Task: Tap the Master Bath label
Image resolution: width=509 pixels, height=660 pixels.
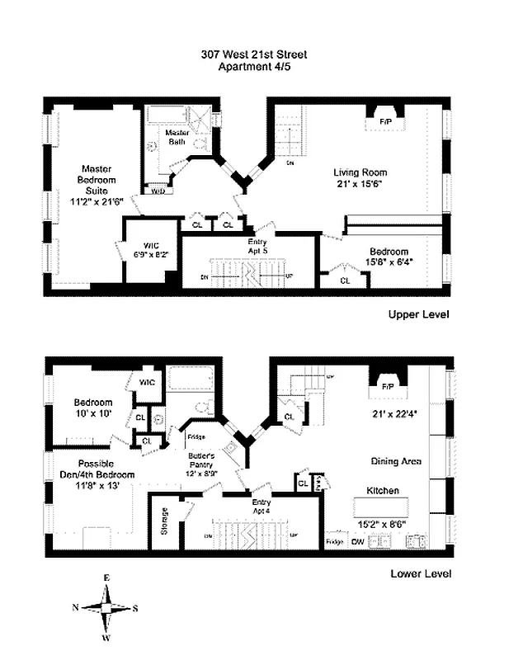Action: (177, 137)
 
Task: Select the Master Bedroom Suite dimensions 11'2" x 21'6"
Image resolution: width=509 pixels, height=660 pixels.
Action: (97, 200)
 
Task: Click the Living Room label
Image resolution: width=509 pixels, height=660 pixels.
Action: (361, 172)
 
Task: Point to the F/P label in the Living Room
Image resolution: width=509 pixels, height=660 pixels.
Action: (385, 121)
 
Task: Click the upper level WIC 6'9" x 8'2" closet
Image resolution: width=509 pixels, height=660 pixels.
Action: (151, 250)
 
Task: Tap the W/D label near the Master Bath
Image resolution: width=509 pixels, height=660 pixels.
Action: (157, 191)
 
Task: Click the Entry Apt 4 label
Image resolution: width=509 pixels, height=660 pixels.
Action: (262, 506)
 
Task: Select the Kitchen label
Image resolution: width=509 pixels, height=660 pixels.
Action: (382, 491)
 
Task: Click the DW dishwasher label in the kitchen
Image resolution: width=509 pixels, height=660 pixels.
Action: (357, 542)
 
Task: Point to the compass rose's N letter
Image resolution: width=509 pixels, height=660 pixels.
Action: (76, 608)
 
